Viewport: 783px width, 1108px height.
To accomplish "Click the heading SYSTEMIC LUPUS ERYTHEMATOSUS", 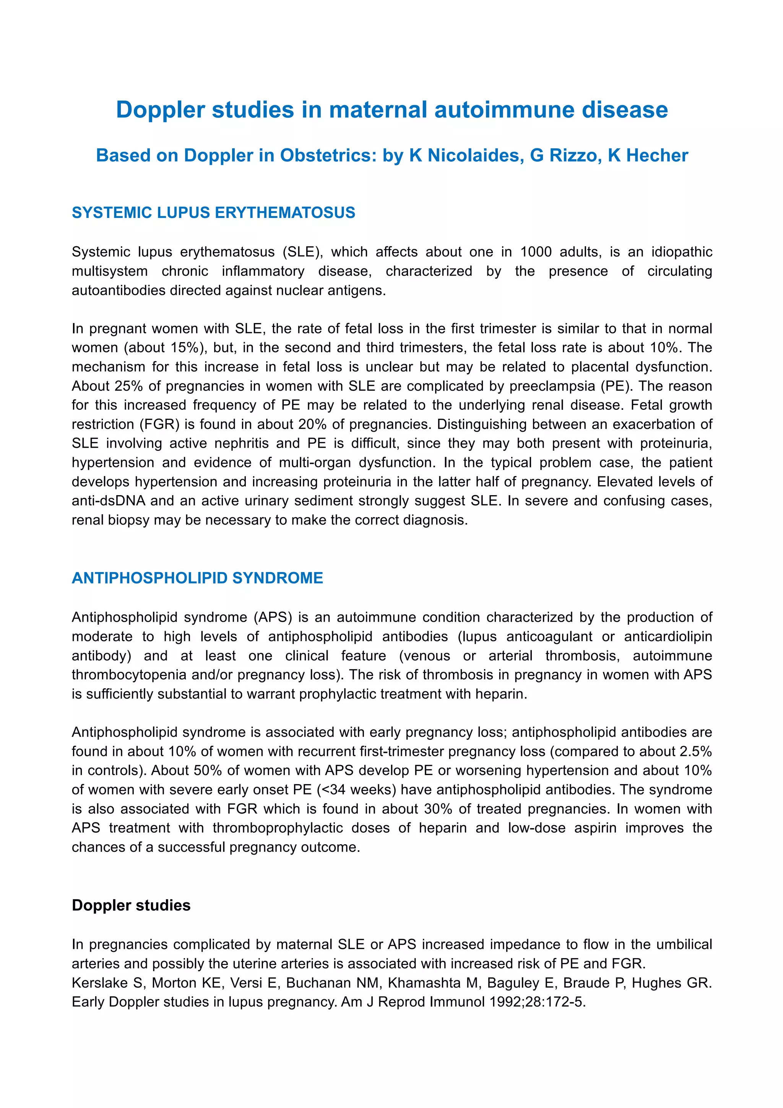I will (213, 213).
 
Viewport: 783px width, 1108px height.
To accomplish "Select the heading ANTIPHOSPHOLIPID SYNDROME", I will (197, 578).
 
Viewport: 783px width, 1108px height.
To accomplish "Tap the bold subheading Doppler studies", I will (131, 905).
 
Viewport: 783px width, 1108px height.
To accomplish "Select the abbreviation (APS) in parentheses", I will (273, 617).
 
